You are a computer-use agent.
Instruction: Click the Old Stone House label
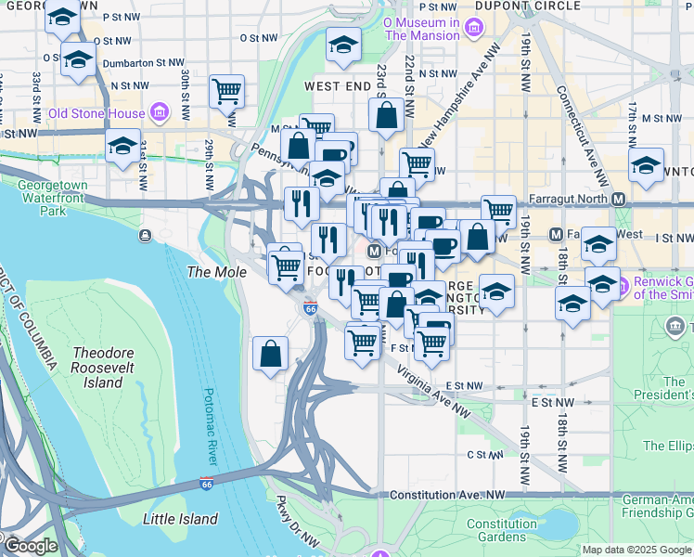click(96, 113)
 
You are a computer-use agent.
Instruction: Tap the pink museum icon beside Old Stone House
click(159, 113)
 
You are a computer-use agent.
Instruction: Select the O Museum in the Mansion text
click(421, 28)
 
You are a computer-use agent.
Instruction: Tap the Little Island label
click(181, 519)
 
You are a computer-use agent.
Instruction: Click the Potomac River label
click(207, 427)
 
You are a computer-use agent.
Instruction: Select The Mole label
click(217, 272)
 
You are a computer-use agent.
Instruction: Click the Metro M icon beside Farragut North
click(618, 199)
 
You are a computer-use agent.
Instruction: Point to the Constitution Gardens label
click(501, 530)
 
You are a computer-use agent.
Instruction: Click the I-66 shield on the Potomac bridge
click(206, 485)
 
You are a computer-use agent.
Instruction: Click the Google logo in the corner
click(30, 545)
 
